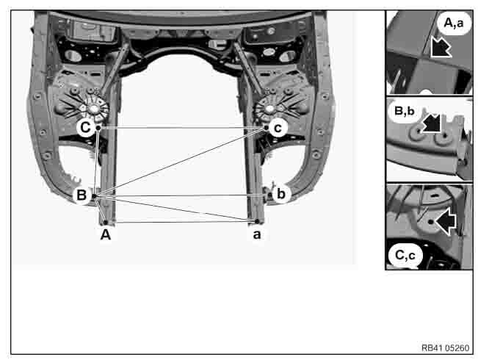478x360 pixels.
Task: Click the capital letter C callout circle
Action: (x=84, y=127)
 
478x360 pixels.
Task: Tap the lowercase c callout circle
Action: (x=278, y=128)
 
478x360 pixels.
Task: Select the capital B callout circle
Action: (x=82, y=195)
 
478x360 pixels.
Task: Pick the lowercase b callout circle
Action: (x=281, y=194)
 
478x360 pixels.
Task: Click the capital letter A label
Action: (x=106, y=234)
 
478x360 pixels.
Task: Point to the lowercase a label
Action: (x=257, y=234)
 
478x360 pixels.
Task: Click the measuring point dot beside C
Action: (x=98, y=128)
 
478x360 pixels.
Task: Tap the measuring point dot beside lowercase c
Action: (x=266, y=128)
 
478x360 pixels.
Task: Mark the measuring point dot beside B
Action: (x=94, y=196)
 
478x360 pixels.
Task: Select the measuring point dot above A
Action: (x=106, y=223)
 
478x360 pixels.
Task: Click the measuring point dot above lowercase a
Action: (x=257, y=221)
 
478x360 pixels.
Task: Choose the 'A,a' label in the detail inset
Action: (x=454, y=23)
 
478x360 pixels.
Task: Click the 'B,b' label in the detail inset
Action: (x=405, y=111)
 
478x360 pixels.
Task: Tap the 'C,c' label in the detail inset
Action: (x=405, y=255)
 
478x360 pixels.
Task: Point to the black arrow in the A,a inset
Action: (x=441, y=47)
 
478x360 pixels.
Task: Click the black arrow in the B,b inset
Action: (x=432, y=123)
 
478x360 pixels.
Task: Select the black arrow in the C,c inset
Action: (x=446, y=222)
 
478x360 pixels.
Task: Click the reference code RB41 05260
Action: (x=446, y=348)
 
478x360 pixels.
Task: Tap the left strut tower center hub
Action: (x=93, y=108)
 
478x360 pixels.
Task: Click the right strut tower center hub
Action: (x=269, y=108)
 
